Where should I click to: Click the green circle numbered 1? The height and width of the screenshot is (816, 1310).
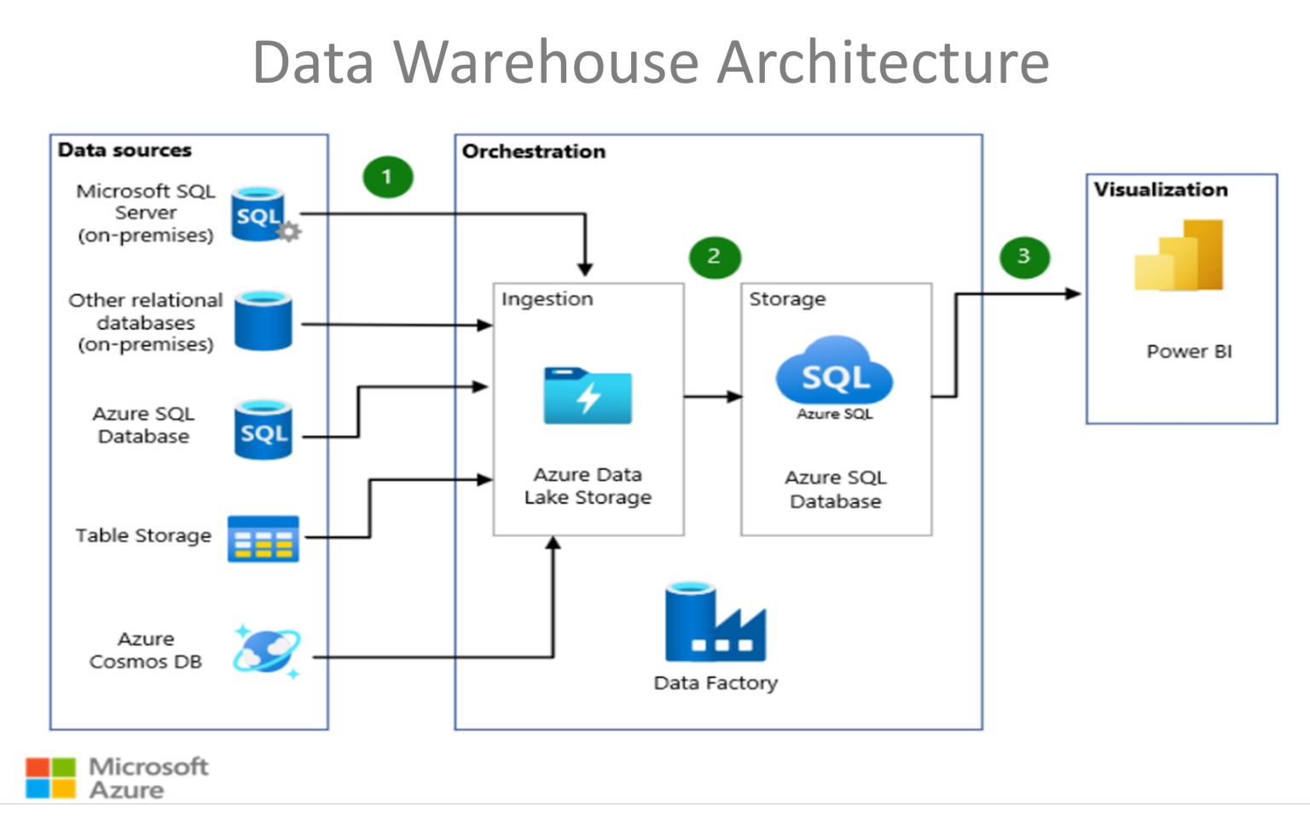[x=387, y=177]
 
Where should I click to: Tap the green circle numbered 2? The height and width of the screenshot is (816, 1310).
[x=714, y=257]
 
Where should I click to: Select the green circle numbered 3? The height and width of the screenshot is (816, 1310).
[x=1023, y=257]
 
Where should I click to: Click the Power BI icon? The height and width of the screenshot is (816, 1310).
[x=1180, y=256]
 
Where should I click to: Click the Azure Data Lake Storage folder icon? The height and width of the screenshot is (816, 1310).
[x=588, y=396]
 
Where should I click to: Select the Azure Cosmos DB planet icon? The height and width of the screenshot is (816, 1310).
[x=266, y=651]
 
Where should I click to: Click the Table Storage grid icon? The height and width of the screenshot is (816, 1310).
[x=263, y=538]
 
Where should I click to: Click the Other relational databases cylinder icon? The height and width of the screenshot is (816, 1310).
[x=263, y=321]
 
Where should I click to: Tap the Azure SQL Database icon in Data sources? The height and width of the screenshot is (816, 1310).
[x=263, y=431]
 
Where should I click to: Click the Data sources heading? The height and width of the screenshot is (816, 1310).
[x=125, y=150]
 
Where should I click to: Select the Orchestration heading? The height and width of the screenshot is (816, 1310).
[x=534, y=152]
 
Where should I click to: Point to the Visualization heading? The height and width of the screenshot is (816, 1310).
[x=1161, y=189]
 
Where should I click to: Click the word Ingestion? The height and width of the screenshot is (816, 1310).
[x=547, y=299]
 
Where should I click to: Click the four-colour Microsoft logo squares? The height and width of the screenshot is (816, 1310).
[x=50, y=778]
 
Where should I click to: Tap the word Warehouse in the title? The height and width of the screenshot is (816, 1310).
[x=546, y=62]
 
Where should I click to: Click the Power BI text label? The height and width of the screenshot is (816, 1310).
[x=1189, y=351]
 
